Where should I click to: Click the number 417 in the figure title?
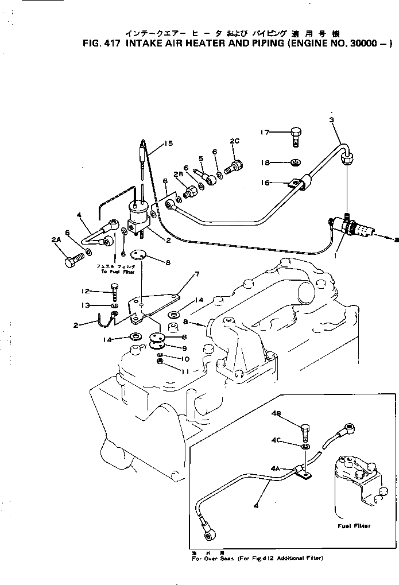107,42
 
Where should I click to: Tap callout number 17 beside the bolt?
264,133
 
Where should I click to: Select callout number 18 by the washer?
264,162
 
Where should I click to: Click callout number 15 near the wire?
167,144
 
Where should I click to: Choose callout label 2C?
235,141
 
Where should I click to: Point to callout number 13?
87,305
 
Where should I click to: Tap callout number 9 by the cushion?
185,347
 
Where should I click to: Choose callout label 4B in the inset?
276,413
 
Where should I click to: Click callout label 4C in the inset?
276,440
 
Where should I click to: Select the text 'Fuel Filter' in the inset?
354,525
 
